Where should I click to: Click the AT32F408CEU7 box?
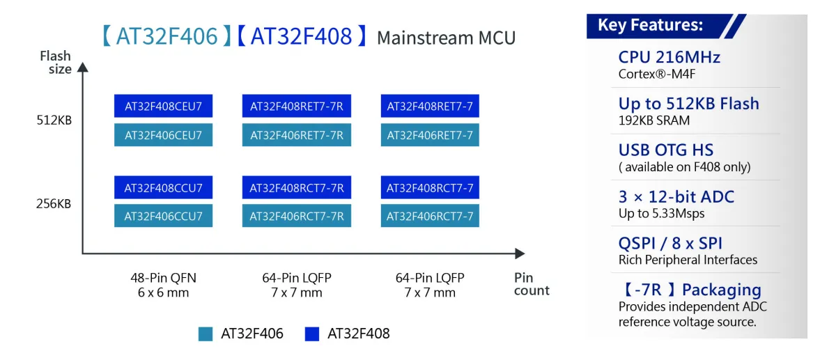click(x=163, y=106)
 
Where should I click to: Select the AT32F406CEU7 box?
click(x=163, y=134)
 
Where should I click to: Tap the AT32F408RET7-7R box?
click(x=296, y=106)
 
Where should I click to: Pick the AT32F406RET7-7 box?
click(x=430, y=134)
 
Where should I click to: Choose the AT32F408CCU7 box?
click(x=163, y=187)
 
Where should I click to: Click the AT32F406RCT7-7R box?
click(x=296, y=216)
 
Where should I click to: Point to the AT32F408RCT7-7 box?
click(x=430, y=187)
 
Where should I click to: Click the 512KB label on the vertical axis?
click(x=54, y=120)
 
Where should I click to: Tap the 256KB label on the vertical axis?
click(x=54, y=204)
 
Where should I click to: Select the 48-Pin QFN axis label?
click(x=163, y=278)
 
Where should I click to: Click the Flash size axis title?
click(x=56, y=62)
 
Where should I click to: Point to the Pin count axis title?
click(x=532, y=284)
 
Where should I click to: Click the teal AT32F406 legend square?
click(x=206, y=334)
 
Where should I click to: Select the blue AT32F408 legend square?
click(x=312, y=334)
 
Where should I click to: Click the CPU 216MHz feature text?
click(x=669, y=58)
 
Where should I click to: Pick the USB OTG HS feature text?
click(x=666, y=150)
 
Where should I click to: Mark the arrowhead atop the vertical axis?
click(x=82, y=67)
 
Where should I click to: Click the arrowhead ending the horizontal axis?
click(x=520, y=253)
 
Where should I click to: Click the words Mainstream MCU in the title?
click(x=447, y=38)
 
